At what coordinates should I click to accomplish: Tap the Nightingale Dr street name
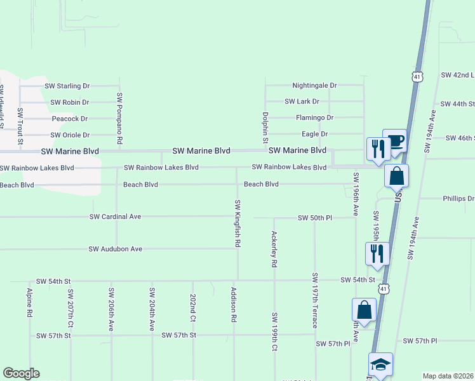point(314,85)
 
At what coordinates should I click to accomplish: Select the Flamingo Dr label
point(314,118)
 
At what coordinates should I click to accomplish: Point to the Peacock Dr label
point(70,119)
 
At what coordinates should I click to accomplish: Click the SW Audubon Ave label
point(116,249)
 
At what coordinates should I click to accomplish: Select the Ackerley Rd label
point(274,248)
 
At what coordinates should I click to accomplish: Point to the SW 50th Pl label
point(315,218)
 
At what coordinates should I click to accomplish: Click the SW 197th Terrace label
point(315,300)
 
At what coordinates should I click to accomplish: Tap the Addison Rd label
point(234,307)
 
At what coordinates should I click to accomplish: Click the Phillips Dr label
point(458,199)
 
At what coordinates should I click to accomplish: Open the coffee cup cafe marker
point(394,140)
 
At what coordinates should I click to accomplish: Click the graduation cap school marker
point(380,364)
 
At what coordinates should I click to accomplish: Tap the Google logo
point(21,373)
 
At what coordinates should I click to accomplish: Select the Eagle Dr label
point(314,135)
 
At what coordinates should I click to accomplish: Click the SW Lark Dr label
point(302,102)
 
